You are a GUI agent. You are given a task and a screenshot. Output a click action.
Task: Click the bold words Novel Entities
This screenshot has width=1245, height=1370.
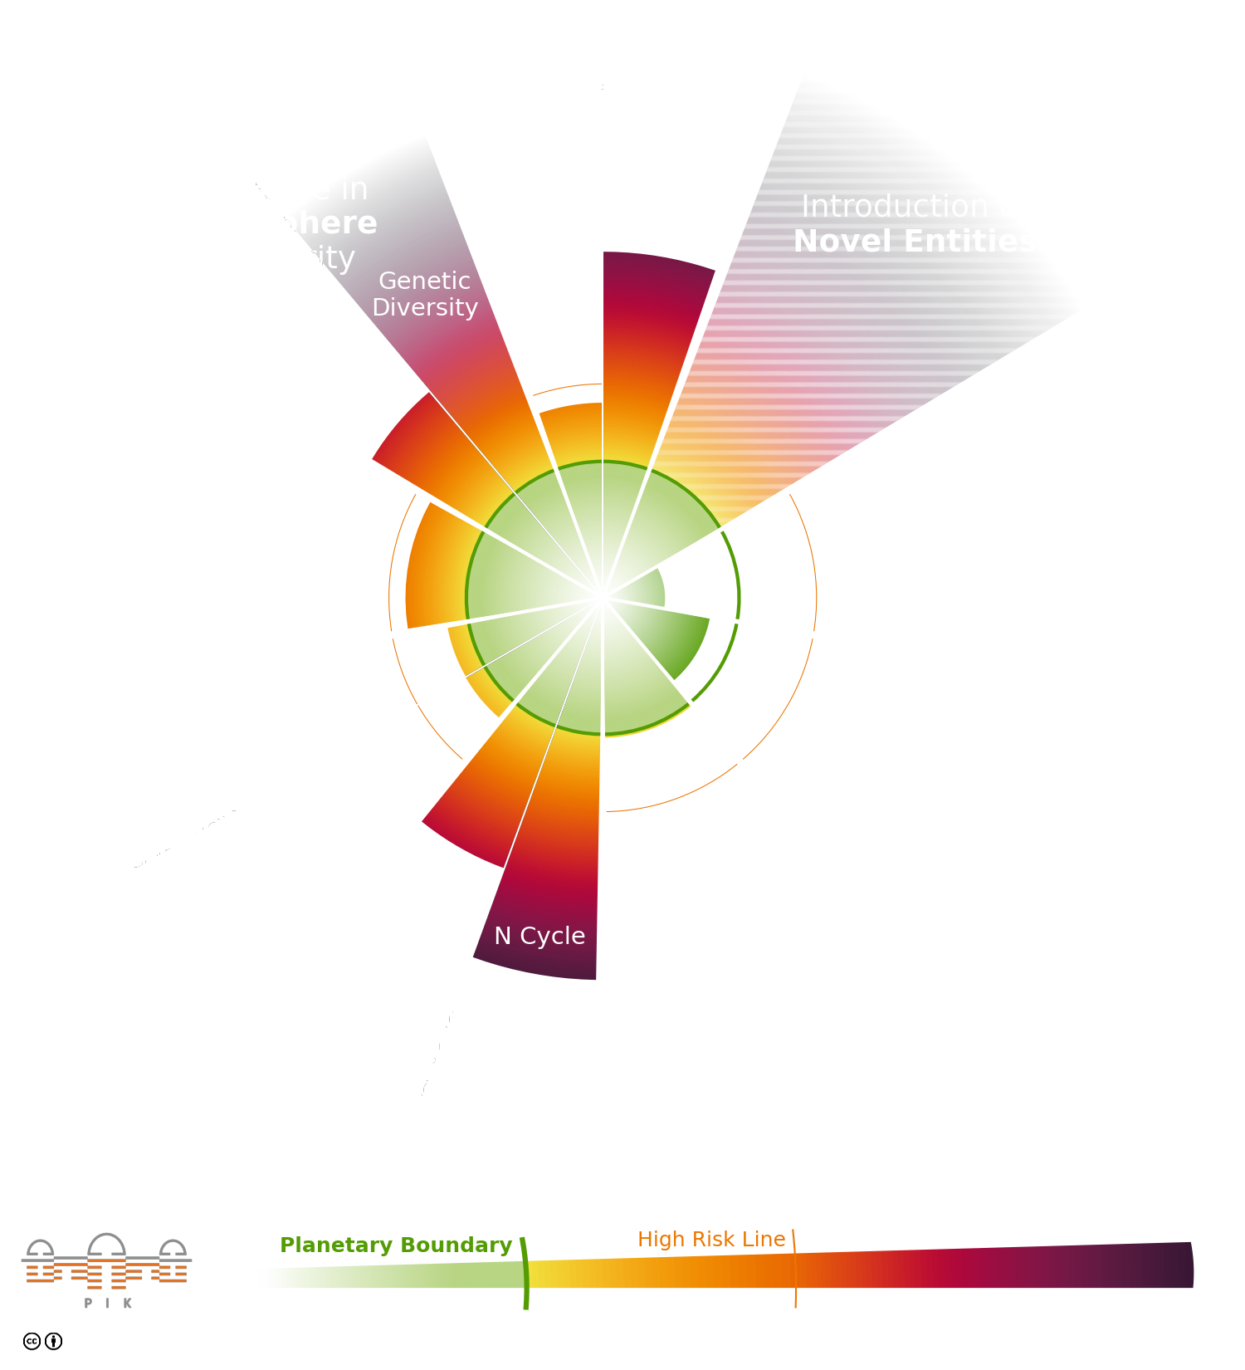(x=915, y=242)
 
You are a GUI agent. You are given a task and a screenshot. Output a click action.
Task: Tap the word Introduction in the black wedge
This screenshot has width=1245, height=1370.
(x=895, y=206)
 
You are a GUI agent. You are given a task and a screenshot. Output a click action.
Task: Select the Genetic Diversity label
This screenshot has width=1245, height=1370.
(x=425, y=294)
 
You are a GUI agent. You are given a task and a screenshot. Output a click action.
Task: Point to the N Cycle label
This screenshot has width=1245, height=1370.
(x=539, y=936)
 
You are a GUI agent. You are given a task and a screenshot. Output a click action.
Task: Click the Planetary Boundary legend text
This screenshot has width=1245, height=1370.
(x=396, y=1245)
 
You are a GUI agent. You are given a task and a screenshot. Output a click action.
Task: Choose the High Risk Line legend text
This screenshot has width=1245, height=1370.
(x=711, y=1239)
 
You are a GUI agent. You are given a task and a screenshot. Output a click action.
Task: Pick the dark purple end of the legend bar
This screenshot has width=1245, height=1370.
(x=1170, y=1265)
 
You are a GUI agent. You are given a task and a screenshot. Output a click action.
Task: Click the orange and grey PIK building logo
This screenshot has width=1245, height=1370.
(x=106, y=1260)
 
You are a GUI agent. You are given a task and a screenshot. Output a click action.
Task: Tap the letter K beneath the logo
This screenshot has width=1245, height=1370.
(x=128, y=1304)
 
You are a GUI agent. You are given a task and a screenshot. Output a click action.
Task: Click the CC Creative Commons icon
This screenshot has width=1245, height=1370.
(x=32, y=1341)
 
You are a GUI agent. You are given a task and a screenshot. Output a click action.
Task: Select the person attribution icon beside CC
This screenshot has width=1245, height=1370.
(x=53, y=1341)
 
